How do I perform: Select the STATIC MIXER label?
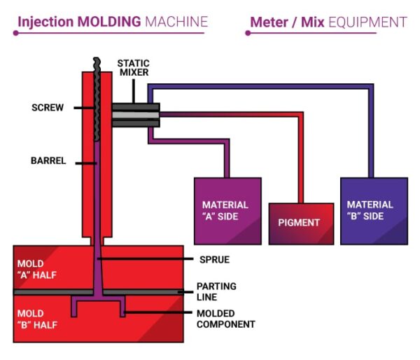point(133,67)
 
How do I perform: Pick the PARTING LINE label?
point(216,291)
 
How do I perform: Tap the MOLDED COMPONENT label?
point(225,319)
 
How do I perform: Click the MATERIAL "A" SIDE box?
point(227,211)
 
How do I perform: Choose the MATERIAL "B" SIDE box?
point(374,211)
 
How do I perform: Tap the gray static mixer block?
point(136,115)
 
